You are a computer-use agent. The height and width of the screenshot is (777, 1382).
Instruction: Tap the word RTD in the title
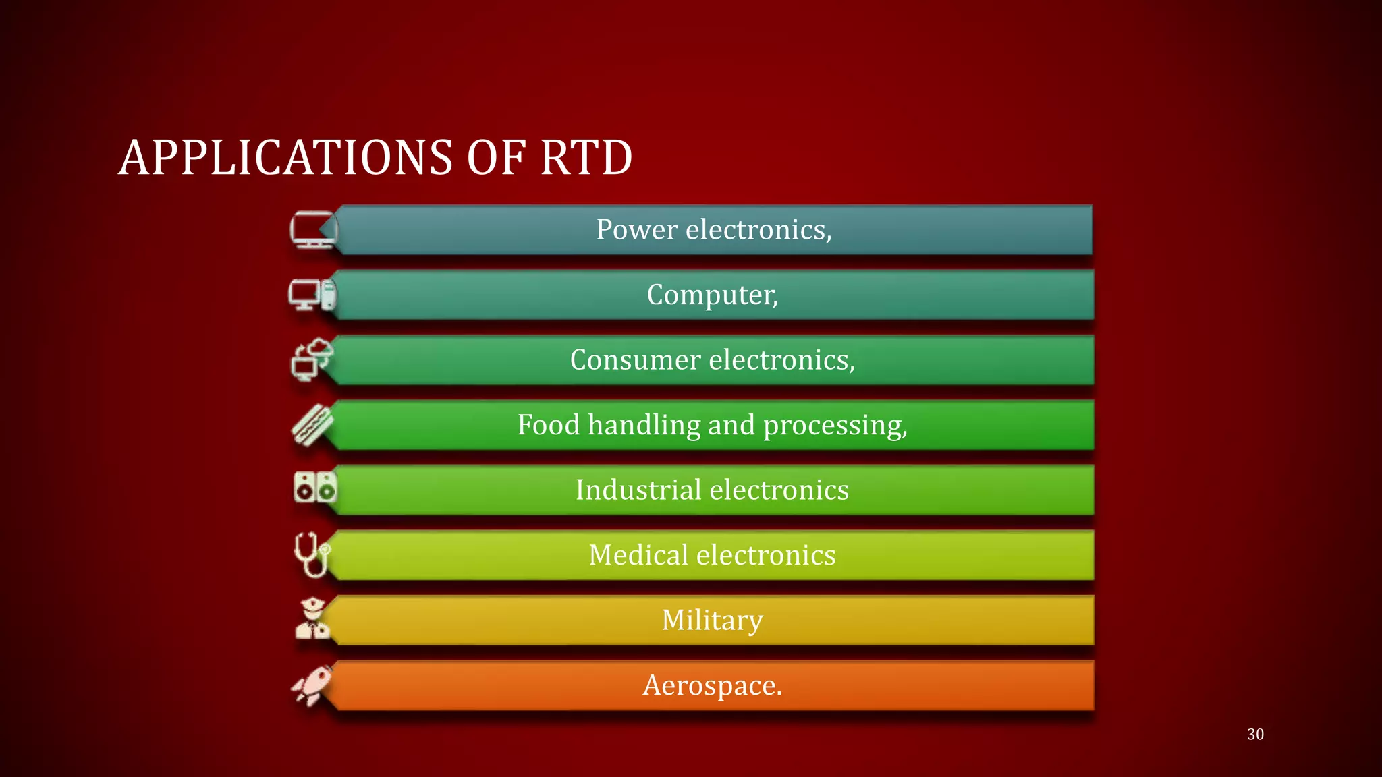coord(586,158)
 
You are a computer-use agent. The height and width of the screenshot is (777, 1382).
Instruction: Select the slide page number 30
coord(1255,734)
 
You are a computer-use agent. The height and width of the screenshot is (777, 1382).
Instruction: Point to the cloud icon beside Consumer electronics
coord(312,359)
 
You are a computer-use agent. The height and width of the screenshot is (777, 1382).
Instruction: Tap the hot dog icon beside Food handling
coord(312,424)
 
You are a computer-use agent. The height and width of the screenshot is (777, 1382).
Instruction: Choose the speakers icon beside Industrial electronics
coord(314,487)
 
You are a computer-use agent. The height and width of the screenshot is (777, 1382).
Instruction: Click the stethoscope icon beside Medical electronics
coord(311,554)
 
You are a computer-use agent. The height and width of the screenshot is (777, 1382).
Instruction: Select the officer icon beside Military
coord(312,618)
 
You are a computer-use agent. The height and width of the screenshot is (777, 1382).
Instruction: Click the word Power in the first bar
coord(636,230)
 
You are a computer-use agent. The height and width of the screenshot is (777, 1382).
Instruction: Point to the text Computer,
coord(712,295)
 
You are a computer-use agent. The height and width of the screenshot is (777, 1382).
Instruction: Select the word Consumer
coord(635,360)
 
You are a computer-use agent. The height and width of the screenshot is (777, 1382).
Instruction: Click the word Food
coord(548,425)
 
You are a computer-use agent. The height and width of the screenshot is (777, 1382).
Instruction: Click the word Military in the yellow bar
coord(712,621)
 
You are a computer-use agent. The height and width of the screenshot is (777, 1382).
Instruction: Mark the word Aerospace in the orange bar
coord(709,686)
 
